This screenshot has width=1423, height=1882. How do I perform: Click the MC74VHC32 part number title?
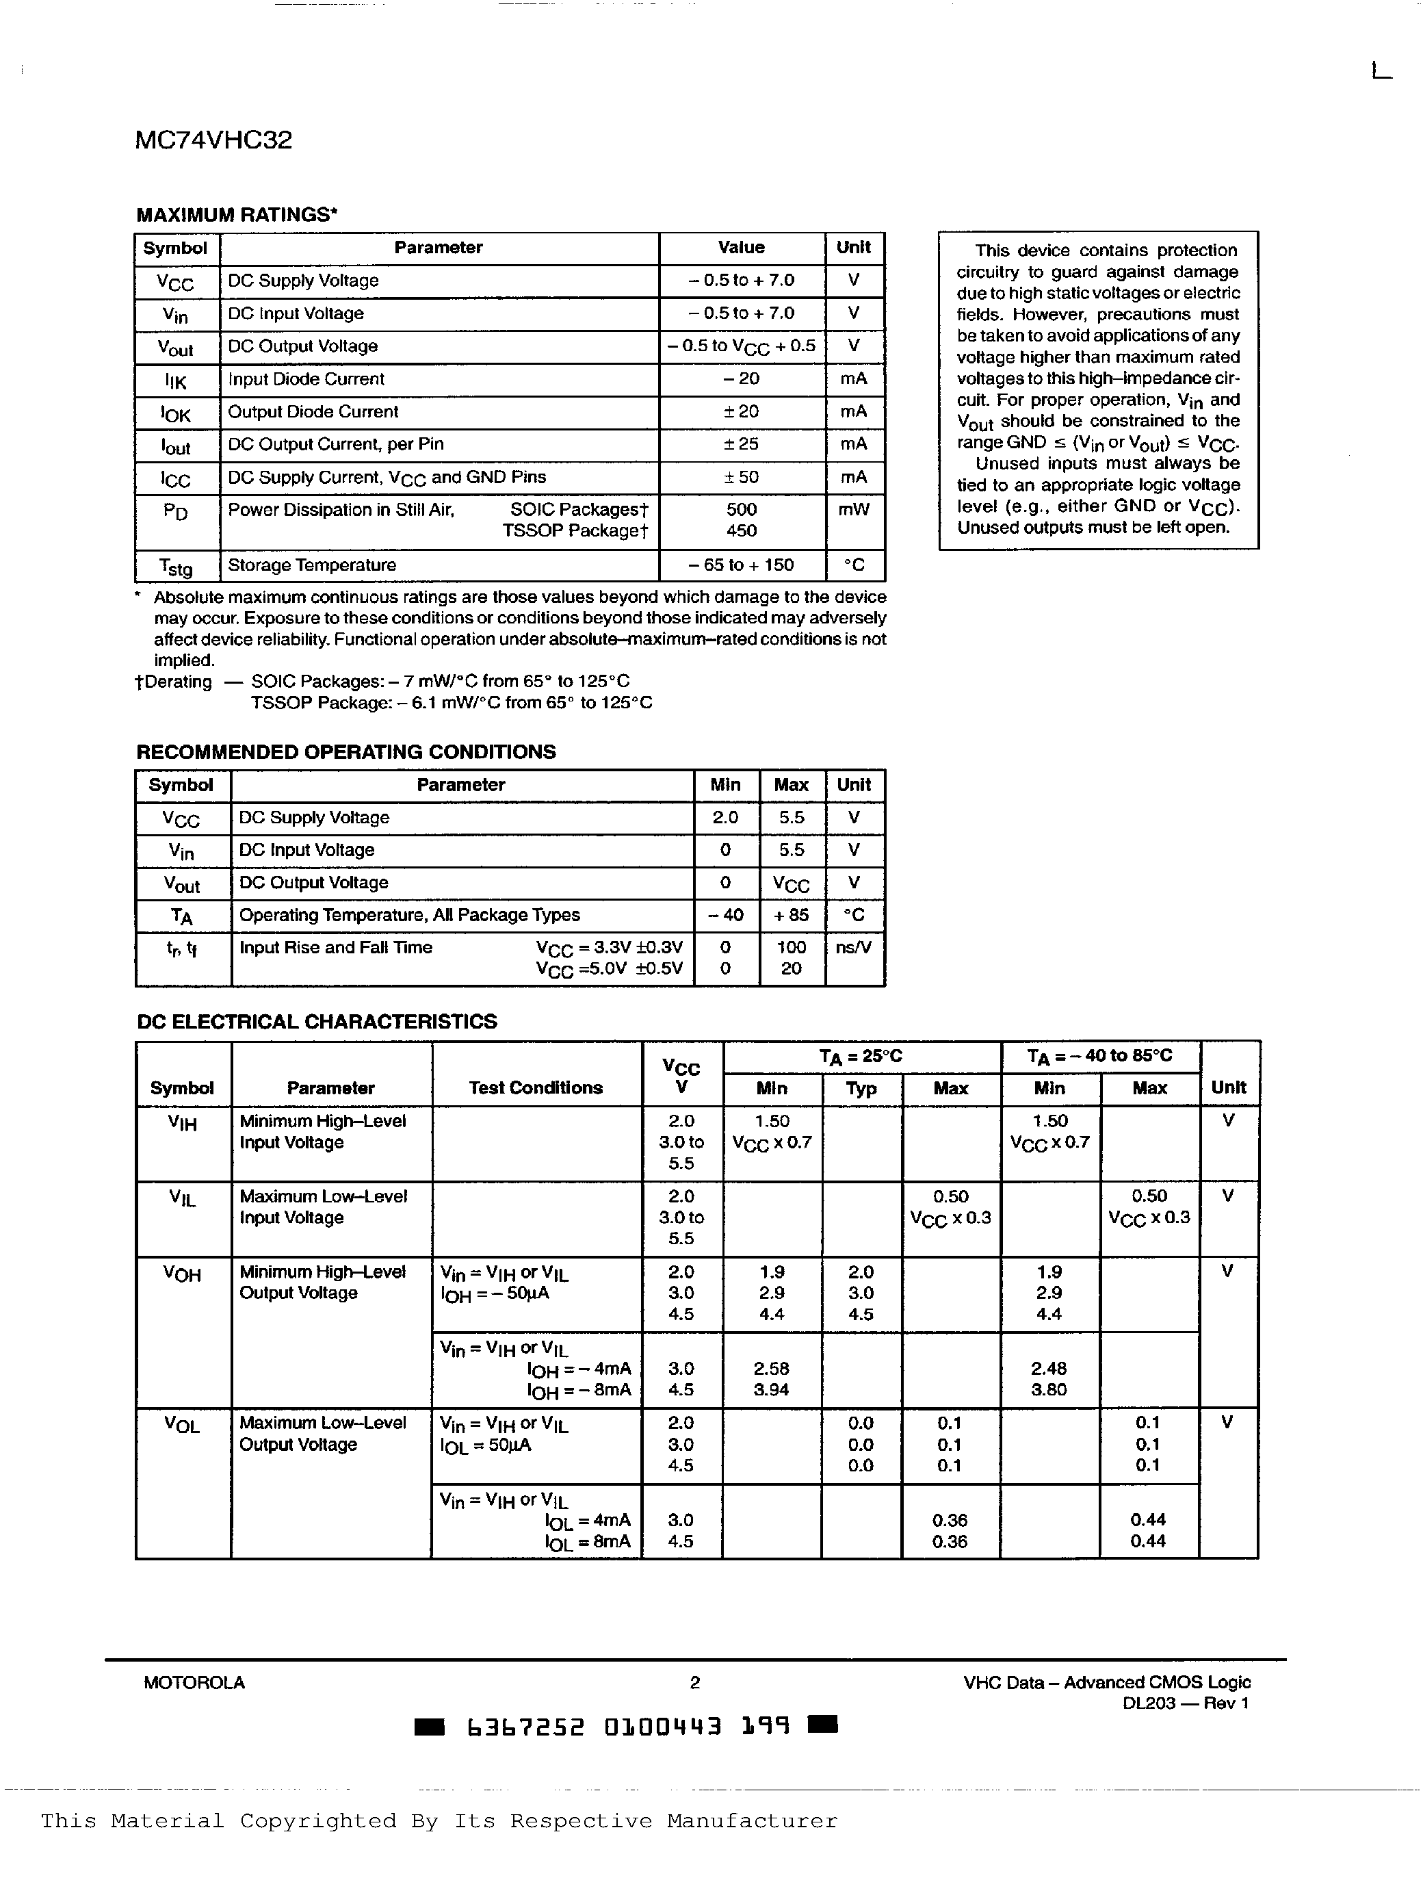(x=213, y=140)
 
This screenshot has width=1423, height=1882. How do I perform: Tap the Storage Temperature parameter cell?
(x=311, y=565)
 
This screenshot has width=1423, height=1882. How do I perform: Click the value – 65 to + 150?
(x=741, y=565)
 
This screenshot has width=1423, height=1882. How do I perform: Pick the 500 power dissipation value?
(x=741, y=510)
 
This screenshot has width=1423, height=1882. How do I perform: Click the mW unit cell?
(x=853, y=510)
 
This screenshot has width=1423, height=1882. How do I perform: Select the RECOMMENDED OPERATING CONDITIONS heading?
(x=345, y=752)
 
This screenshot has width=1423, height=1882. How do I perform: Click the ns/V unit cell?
(x=853, y=947)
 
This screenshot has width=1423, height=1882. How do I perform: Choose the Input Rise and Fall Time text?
(x=335, y=947)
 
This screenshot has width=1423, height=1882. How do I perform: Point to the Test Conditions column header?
(x=535, y=1087)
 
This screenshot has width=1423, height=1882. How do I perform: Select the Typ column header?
(x=861, y=1088)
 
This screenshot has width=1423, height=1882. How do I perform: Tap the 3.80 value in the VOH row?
(x=1048, y=1389)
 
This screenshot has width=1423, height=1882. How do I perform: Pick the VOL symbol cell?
(x=182, y=1425)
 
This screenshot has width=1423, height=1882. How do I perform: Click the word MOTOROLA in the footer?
(x=194, y=1682)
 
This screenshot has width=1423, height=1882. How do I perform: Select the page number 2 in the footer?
(x=695, y=1682)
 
